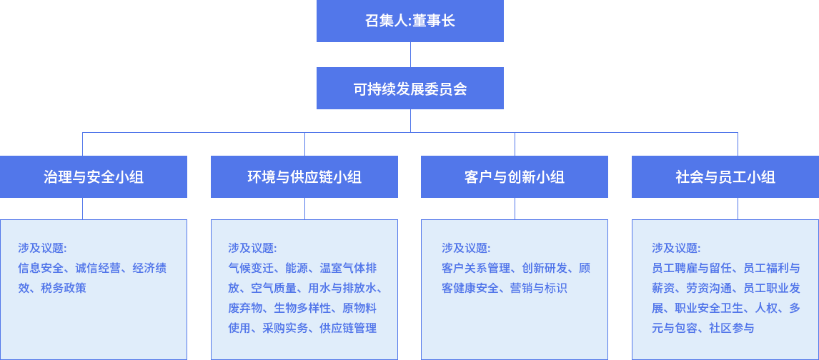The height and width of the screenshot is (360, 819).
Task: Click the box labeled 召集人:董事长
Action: click(410, 21)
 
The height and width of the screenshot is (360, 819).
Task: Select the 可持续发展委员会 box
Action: click(410, 89)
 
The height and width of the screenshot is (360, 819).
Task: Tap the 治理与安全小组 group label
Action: click(94, 177)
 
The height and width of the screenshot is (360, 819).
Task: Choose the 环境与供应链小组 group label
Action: click(304, 177)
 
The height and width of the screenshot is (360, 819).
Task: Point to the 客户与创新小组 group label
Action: click(515, 177)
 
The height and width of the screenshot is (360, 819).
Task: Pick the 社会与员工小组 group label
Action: click(725, 177)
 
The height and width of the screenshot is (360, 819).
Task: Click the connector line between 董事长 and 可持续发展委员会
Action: click(410, 55)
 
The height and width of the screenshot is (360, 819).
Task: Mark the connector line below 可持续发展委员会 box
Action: click(410, 121)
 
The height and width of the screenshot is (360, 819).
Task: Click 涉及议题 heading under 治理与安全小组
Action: click(42, 249)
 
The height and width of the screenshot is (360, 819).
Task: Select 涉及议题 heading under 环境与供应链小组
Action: click(252, 249)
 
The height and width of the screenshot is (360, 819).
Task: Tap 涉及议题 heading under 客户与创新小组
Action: click(466, 249)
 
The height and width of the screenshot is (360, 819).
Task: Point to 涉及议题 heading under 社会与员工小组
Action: click(676, 249)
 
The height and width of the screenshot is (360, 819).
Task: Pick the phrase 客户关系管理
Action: click(476, 269)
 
